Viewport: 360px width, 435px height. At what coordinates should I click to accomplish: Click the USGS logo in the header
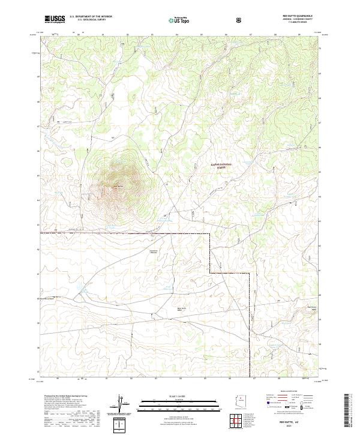55,19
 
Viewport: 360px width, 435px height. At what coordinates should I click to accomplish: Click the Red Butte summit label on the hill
118,186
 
